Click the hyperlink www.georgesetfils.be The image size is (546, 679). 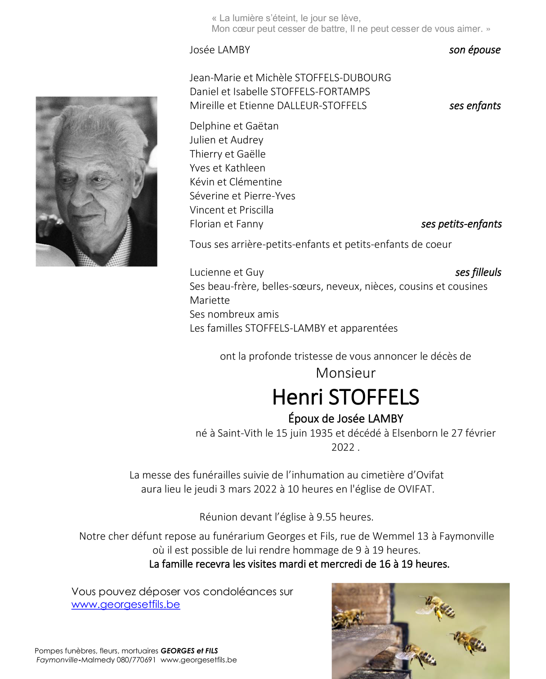coord(125,604)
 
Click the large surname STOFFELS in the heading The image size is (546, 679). coord(374,397)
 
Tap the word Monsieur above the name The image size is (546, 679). coord(345,373)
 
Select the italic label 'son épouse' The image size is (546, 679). coord(474,50)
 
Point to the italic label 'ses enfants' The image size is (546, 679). coord(475,106)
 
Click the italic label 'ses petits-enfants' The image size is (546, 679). coord(461,224)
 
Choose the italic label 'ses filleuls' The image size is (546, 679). coord(478,272)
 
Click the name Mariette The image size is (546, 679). coord(210,300)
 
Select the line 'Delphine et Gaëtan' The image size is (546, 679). coord(234,126)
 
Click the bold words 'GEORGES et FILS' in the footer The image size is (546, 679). coord(189,651)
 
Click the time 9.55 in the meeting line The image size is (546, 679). coord(327,517)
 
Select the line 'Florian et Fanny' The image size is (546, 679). coord(226,224)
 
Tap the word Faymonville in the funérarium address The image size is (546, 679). coord(466,536)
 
